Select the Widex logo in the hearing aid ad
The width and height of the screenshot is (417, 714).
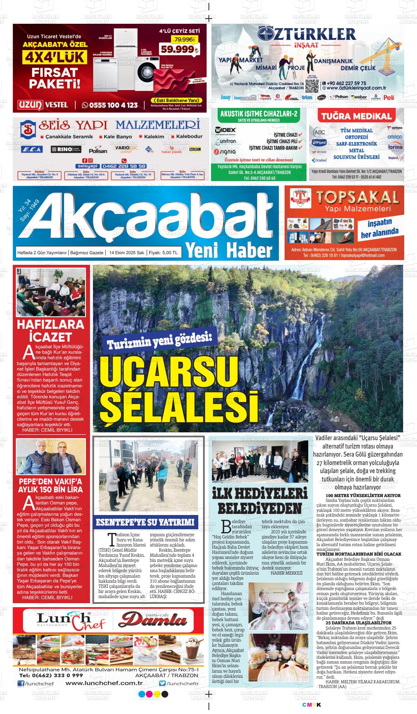pos(226,130)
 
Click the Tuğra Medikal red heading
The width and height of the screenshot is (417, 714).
pos(356,117)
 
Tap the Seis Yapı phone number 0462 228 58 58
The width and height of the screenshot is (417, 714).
pos(124,166)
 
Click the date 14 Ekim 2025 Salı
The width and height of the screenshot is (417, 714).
pos(125,253)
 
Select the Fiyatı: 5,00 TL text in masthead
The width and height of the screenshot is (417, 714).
pos(164,253)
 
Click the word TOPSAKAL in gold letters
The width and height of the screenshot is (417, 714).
pos(357,198)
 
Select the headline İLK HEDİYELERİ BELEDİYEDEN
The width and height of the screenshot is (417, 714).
pos(260,501)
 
